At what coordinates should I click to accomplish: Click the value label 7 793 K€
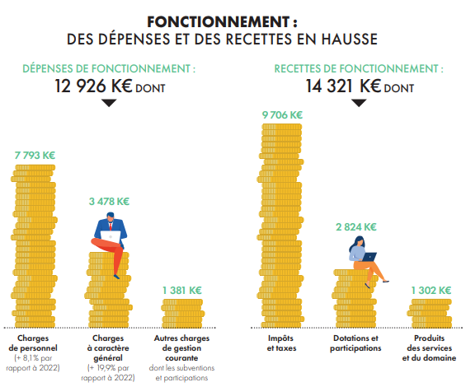pyautogui.click(x=35, y=156)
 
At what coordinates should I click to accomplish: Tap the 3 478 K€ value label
pyautogui.click(x=109, y=202)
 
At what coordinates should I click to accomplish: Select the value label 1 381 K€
pyautogui.click(x=182, y=290)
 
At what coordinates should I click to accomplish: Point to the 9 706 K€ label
pyautogui.click(x=282, y=114)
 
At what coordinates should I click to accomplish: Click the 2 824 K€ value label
pyautogui.click(x=356, y=227)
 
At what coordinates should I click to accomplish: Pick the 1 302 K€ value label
pyautogui.click(x=431, y=290)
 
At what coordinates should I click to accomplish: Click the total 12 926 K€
pyautogui.click(x=93, y=86)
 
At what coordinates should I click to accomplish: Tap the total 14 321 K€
pyautogui.click(x=343, y=86)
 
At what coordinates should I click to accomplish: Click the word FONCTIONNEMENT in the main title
pyautogui.click(x=218, y=21)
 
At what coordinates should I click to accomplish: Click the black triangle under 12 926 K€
pyautogui.click(x=109, y=103)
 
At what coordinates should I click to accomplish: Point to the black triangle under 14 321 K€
pyautogui.click(x=359, y=103)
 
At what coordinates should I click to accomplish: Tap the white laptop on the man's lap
pyautogui.click(x=111, y=236)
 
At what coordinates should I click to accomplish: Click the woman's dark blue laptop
pyautogui.click(x=370, y=257)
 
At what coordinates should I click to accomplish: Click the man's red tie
pyautogui.click(x=111, y=226)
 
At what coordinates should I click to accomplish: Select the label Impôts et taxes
pyautogui.click(x=281, y=343)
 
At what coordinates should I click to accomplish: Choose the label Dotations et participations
pyautogui.click(x=355, y=343)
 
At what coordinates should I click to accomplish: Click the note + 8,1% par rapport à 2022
pyautogui.click(x=33, y=363)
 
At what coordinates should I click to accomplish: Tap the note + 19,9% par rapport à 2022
pyautogui.click(x=108, y=373)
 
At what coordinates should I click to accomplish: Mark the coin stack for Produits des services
pyautogui.click(x=430, y=314)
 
